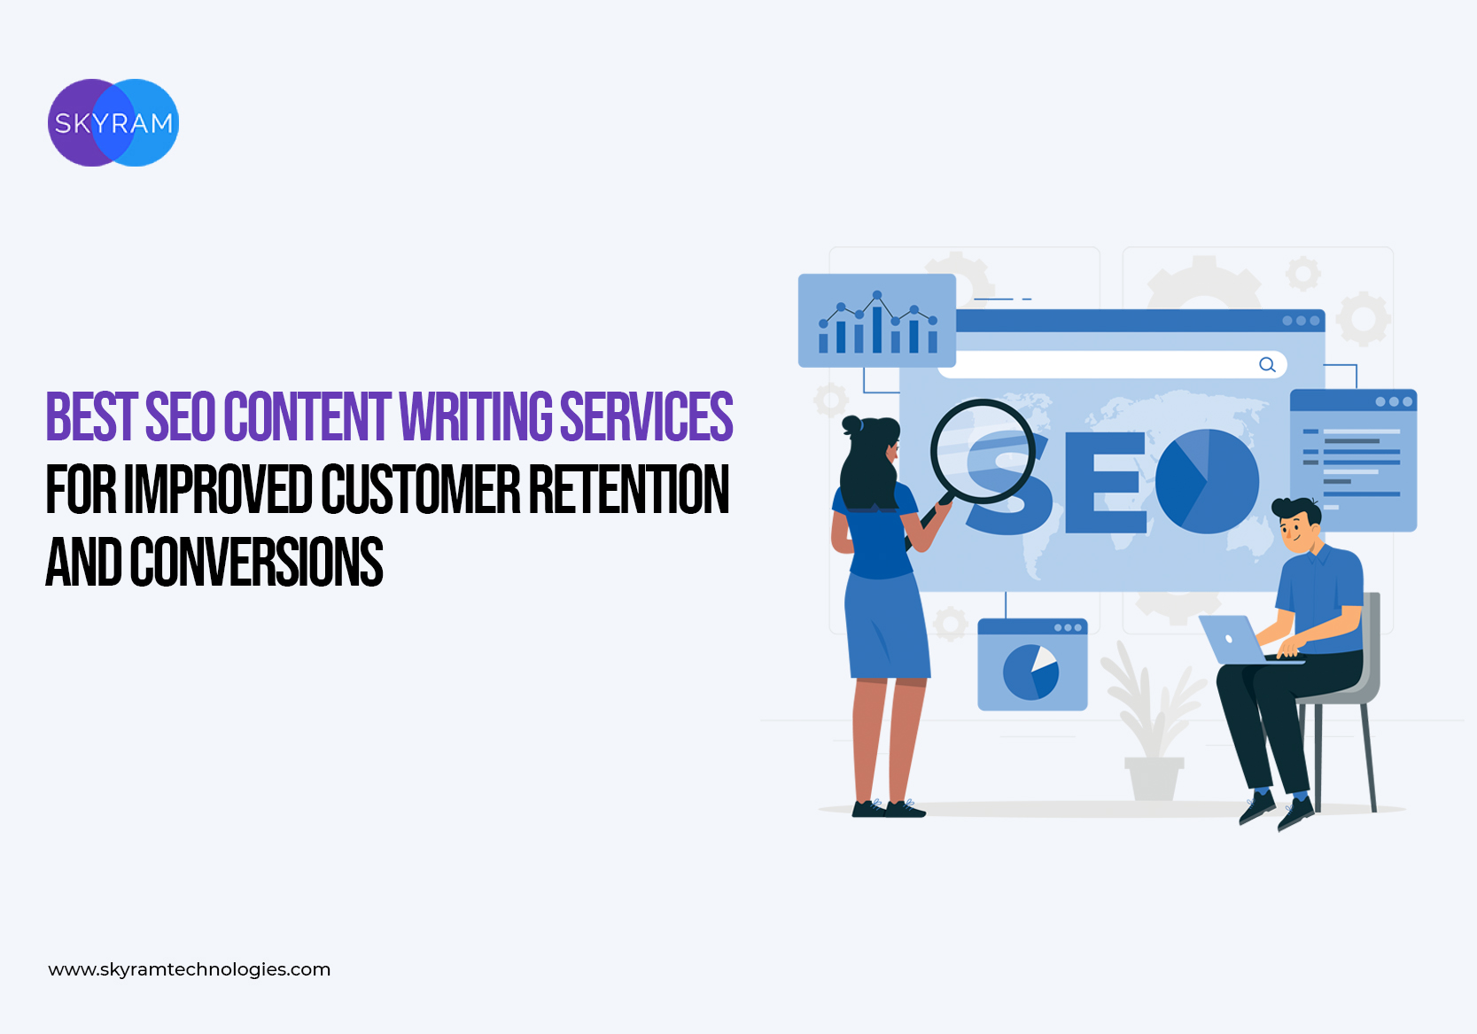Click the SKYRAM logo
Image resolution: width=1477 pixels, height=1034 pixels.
113,122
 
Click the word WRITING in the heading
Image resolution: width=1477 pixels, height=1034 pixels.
476,416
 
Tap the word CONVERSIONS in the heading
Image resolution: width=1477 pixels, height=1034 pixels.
256,561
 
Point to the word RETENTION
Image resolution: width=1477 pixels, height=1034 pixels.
629,488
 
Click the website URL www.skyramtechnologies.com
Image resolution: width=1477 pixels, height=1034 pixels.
190,969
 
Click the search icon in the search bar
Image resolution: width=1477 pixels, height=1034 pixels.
1267,365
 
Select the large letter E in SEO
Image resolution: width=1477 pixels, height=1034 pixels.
1105,482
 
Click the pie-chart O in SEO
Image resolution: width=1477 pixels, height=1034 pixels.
1207,481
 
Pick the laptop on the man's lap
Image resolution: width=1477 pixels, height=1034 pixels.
1239,640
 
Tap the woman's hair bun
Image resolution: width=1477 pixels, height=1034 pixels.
851,424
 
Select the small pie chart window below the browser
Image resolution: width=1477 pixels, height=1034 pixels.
1032,664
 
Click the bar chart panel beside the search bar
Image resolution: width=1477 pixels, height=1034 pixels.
877,321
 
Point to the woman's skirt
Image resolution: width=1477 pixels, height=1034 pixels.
887,626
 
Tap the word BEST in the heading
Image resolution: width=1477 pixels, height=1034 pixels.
91,416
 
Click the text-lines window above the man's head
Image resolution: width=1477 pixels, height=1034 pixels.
1354,460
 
